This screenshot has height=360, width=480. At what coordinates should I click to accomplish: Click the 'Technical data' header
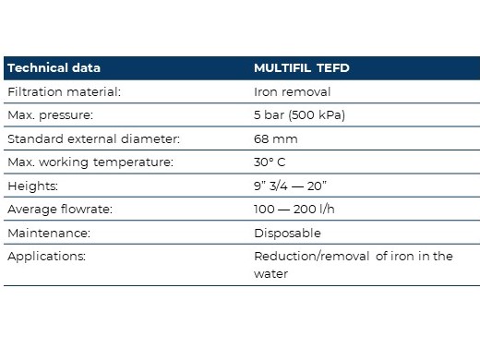click(x=54, y=67)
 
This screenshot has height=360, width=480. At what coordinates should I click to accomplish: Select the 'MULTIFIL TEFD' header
click(x=302, y=68)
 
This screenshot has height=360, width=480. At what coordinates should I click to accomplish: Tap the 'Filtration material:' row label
click(x=64, y=91)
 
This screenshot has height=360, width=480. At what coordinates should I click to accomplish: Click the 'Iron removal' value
click(x=292, y=91)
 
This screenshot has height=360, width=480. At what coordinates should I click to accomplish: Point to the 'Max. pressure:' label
click(x=50, y=115)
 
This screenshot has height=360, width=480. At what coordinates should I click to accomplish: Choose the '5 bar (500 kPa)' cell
click(x=299, y=115)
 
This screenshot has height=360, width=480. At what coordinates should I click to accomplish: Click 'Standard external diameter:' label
click(x=93, y=138)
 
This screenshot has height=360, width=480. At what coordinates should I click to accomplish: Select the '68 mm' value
click(x=276, y=139)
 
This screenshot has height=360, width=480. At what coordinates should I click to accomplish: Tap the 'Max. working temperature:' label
click(x=90, y=162)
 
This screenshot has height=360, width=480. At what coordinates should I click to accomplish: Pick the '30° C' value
click(x=270, y=162)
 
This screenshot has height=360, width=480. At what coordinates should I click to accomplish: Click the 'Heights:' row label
click(x=32, y=186)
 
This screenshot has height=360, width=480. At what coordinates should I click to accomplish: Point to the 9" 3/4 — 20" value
click(x=290, y=186)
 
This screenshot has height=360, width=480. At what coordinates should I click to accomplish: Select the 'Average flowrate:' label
click(x=60, y=210)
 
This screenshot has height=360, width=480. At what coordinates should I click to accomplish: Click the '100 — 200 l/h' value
click(x=294, y=210)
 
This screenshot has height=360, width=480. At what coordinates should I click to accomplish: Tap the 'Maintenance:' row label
click(x=49, y=233)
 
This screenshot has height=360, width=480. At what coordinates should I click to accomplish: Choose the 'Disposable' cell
click(x=287, y=234)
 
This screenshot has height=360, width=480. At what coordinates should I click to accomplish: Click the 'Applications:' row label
click(x=46, y=257)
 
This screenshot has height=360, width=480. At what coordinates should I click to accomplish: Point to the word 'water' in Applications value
click(x=270, y=274)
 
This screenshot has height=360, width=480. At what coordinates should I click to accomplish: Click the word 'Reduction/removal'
click(x=312, y=257)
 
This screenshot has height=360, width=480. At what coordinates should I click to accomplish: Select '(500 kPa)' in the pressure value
click(x=317, y=115)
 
